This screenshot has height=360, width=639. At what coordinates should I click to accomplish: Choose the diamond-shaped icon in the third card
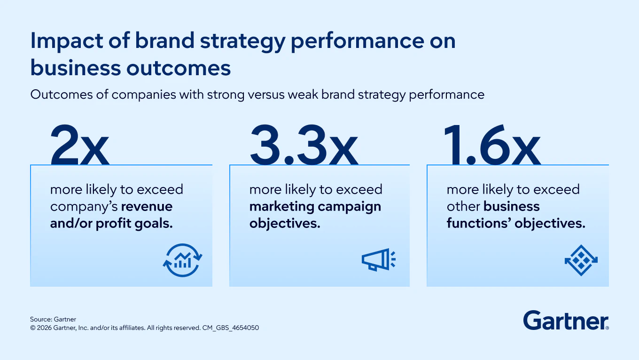tap(581, 259)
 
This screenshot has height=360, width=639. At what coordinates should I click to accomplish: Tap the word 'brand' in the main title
tap(163, 41)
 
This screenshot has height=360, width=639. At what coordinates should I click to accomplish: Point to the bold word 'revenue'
tap(147, 206)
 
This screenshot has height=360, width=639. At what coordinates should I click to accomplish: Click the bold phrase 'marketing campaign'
tap(315, 206)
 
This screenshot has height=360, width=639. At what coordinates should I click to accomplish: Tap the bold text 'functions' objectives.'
tap(516, 223)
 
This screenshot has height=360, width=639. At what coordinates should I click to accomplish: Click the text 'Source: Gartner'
tap(53, 320)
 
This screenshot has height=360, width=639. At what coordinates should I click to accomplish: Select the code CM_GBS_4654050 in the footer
tap(230, 328)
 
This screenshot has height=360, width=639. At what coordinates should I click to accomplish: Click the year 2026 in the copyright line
tap(44, 328)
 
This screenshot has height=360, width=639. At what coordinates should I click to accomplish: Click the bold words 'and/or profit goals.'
tap(111, 223)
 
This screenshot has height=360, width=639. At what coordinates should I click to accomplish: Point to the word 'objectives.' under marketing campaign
tap(285, 223)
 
